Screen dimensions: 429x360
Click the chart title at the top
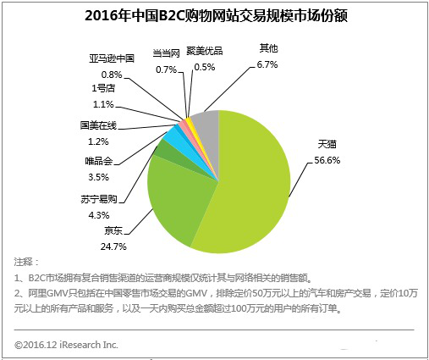point(216,15)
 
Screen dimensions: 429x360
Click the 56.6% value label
point(327,160)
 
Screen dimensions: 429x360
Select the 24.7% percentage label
point(113,246)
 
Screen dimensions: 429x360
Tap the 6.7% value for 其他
point(267,64)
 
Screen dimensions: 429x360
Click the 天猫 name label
point(327,144)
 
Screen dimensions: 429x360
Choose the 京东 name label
point(113,230)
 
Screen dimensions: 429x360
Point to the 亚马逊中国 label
point(112,58)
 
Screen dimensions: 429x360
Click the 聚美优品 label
point(205,51)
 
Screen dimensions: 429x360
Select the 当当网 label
point(166,53)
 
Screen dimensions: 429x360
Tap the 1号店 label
point(103,88)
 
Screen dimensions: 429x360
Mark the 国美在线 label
point(98,125)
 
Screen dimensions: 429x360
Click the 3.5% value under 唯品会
point(98,177)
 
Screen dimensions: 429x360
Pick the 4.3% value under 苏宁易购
point(99,215)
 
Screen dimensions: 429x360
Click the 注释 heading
point(26,262)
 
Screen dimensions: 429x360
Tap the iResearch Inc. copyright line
point(66,345)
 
